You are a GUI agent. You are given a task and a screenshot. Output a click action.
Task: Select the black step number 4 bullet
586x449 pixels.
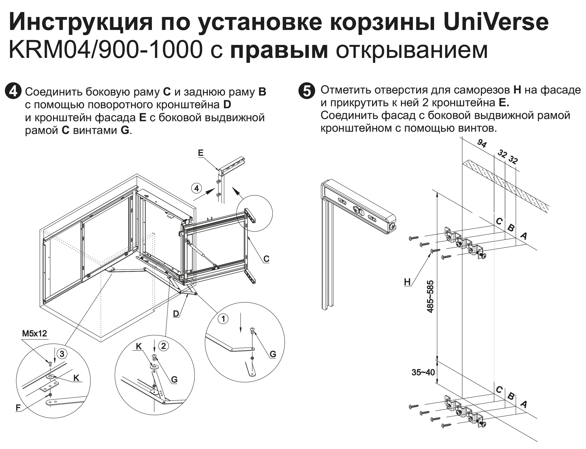coord(13,91)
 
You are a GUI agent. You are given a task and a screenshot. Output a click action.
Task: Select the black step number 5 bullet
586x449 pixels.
coord(307,91)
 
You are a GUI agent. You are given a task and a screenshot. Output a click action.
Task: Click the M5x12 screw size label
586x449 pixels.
coord(34,333)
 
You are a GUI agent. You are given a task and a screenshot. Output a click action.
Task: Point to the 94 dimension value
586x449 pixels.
coord(482,143)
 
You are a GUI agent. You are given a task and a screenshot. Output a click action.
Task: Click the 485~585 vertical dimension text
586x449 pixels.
coord(430,296)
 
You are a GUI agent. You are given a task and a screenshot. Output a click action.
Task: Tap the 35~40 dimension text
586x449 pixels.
coord(423,372)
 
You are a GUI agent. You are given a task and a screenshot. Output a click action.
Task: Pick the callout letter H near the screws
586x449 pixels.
coord(407,282)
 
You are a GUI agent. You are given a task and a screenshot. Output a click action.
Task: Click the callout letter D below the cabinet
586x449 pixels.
coord(176,314)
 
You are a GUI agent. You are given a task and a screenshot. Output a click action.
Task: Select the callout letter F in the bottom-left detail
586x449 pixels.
coord(18,408)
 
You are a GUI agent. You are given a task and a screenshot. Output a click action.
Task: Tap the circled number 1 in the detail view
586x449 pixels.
coord(223,319)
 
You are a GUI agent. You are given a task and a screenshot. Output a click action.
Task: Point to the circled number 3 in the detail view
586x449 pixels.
coord(62,354)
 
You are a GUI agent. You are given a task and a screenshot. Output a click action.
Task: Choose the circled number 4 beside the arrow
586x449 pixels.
coord(197,188)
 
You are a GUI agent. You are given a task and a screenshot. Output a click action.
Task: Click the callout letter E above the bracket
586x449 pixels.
coord(201,153)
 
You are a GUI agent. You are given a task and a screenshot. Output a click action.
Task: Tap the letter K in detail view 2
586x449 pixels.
coord(139,346)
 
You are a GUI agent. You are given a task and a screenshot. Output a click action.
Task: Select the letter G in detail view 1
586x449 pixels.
coord(273,354)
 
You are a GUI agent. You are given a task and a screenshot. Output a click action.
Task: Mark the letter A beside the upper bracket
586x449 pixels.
coord(523,236)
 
